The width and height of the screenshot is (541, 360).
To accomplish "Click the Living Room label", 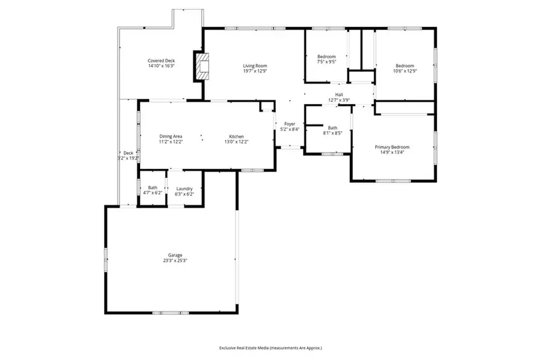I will pyautogui.click(x=255, y=66).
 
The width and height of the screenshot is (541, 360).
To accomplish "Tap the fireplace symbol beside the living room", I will pyautogui.click(x=203, y=66).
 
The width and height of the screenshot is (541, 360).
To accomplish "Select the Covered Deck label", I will pyautogui.click(x=161, y=61).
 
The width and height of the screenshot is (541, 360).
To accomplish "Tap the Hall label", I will pyautogui.click(x=339, y=94).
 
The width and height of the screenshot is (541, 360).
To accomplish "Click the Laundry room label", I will pyautogui.click(x=184, y=188).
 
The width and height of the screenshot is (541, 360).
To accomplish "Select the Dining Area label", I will pyautogui.click(x=171, y=136).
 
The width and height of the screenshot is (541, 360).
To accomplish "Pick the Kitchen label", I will pyautogui.click(x=236, y=136).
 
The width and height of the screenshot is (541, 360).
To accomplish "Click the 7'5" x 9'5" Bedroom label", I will pyautogui.click(x=326, y=56).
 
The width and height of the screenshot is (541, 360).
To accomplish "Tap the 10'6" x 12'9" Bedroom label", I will pyautogui.click(x=405, y=66).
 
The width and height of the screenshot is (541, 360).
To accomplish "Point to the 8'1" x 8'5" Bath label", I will pyautogui.click(x=332, y=127).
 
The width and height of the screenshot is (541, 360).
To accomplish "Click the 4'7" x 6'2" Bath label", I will pyautogui.click(x=153, y=188).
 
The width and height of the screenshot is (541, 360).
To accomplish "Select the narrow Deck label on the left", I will pyautogui.click(x=128, y=153).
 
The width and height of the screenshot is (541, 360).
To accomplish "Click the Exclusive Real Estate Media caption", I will pyautogui.click(x=270, y=348).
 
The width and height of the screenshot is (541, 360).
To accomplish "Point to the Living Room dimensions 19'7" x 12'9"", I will pyautogui.click(x=255, y=71).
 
